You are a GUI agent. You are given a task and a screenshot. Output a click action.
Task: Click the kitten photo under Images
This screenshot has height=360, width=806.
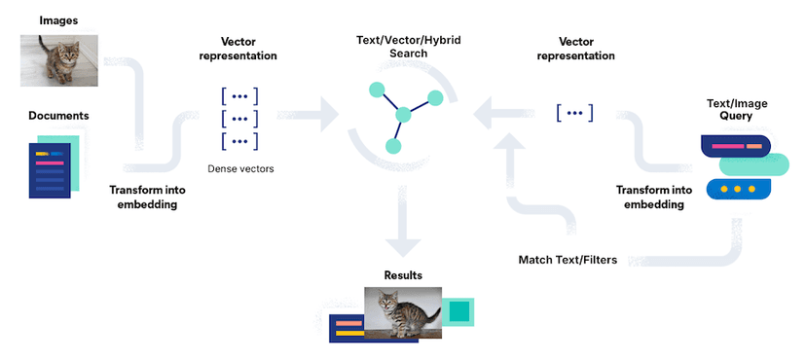pyautogui.click(x=58, y=60)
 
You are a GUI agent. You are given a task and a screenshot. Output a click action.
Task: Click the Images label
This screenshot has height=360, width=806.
pyautogui.click(x=58, y=19)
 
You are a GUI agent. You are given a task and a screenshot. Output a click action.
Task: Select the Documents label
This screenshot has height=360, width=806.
pyautogui.click(x=58, y=116)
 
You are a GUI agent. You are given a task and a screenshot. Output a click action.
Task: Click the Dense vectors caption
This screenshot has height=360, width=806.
pyautogui.click(x=240, y=168)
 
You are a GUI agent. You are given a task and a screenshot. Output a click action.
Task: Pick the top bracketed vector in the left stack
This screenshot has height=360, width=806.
pyautogui.click(x=239, y=95)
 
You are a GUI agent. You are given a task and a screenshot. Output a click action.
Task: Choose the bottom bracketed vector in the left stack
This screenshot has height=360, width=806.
pyautogui.click(x=239, y=142)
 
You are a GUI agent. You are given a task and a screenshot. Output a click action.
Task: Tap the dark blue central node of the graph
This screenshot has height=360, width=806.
pyautogui.click(x=403, y=115)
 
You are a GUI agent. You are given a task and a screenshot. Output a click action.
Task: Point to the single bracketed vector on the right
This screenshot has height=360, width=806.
pyautogui.click(x=574, y=113)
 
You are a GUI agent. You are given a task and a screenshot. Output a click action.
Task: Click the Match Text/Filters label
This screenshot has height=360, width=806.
pyautogui.click(x=567, y=260)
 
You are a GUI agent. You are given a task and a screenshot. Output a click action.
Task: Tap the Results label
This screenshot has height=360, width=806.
pyautogui.click(x=403, y=275)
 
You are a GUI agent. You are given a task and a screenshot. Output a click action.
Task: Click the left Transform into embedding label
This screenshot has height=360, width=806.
pyautogui.click(x=143, y=198)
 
